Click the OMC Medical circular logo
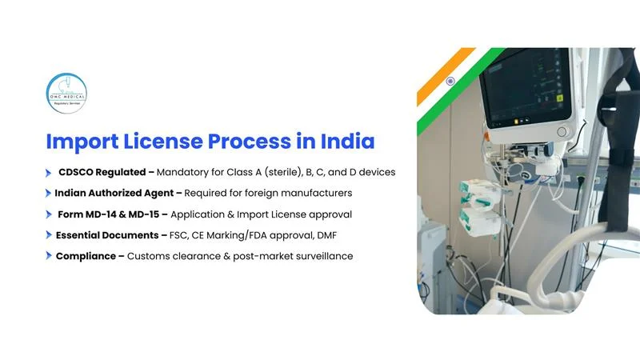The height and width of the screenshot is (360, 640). point(66,93)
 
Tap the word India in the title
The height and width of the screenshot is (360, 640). point(346,142)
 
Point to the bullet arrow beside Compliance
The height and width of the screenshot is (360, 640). point(48,257)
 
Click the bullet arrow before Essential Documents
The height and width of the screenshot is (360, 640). point(48,236)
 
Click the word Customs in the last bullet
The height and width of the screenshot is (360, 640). point(150,256)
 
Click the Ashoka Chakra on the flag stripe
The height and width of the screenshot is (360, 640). point(450,82)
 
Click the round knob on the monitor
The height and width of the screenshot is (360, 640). point(562,131)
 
